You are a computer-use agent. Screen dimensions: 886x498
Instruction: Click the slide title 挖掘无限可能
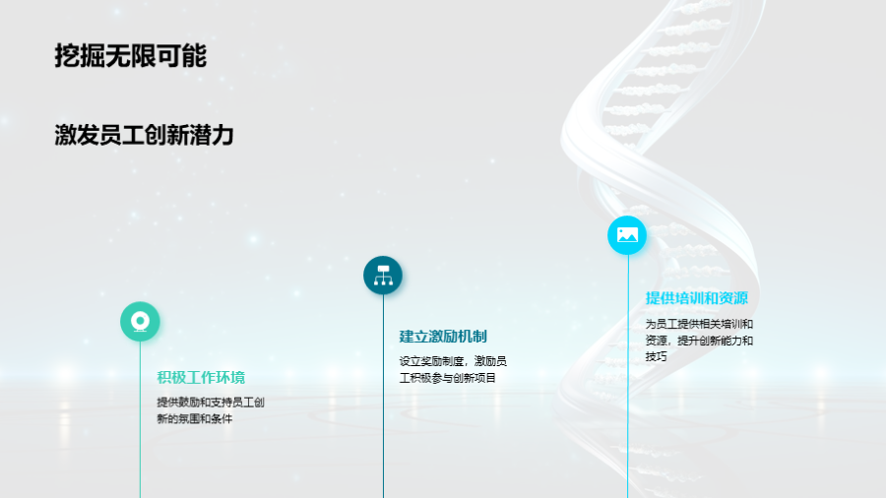tap(131, 56)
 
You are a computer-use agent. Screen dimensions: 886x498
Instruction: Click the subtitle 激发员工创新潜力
tap(144, 136)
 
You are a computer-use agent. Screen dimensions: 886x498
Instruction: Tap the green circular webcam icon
tap(140, 321)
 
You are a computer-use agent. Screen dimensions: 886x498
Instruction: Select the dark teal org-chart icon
tap(383, 276)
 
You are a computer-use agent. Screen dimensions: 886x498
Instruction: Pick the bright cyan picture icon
tap(627, 235)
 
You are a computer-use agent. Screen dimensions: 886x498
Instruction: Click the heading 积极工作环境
tap(201, 377)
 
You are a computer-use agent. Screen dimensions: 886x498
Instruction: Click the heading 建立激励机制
tap(443, 337)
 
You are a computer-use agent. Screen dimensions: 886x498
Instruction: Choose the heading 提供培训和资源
tap(697, 298)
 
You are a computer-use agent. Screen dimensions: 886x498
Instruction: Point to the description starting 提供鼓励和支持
tap(211, 410)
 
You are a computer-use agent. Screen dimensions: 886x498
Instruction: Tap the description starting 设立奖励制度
tap(453, 370)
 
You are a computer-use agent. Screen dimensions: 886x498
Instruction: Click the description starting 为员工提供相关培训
tap(699, 340)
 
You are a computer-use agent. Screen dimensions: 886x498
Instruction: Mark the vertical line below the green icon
tap(140, 419)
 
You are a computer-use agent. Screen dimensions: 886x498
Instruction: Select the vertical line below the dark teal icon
tap(383, 397)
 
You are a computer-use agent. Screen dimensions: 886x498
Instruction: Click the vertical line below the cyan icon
tap(627, 376)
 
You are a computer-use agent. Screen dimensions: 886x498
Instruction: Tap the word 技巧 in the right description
tap(657, 356)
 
